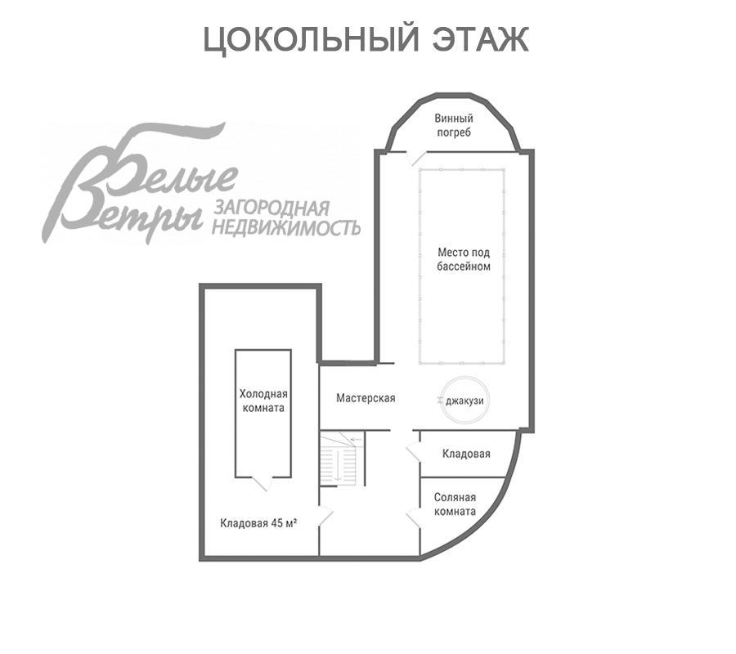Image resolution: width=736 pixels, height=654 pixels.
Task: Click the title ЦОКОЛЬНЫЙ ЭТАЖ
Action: [366, 39]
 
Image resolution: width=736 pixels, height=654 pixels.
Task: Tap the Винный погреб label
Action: [454, 125]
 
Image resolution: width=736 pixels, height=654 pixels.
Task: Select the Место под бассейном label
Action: [463, 259]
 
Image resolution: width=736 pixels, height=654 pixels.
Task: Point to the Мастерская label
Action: [366, 398]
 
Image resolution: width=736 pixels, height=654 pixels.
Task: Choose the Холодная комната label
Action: [262, 400]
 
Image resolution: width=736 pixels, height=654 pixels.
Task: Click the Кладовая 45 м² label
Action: [258, 523]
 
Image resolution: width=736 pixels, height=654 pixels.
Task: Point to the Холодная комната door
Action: [262, 482]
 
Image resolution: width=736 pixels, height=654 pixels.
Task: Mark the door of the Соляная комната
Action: [412, 516]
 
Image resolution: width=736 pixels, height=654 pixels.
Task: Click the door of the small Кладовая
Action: [412, 452]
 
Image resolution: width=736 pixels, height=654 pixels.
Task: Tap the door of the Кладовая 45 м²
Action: [325, 516]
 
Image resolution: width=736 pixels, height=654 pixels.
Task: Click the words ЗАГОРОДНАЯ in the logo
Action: [271, 208]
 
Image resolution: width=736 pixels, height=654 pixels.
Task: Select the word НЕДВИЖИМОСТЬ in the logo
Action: [286, 226]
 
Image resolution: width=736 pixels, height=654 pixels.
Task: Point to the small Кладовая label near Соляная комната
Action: [466, 454]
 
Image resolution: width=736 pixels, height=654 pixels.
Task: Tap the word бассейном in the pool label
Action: [463, 267]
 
